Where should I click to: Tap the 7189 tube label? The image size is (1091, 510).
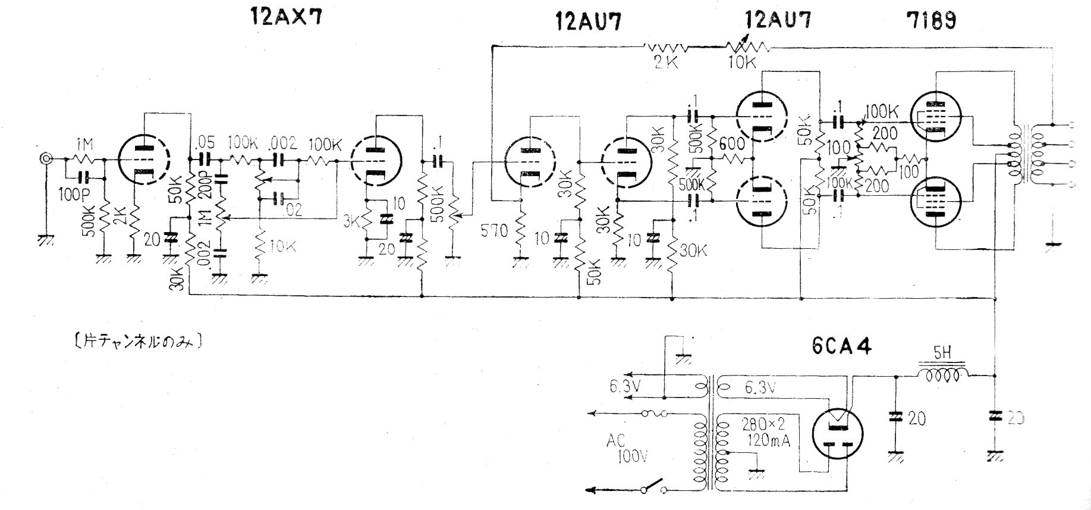coord(932,21)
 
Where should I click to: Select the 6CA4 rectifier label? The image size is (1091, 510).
coord(841,347)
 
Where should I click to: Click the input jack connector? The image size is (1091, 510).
coord(45,159)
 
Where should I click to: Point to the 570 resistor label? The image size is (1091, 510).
coord(493,230)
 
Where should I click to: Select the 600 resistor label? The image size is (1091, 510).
coord(730,143)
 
